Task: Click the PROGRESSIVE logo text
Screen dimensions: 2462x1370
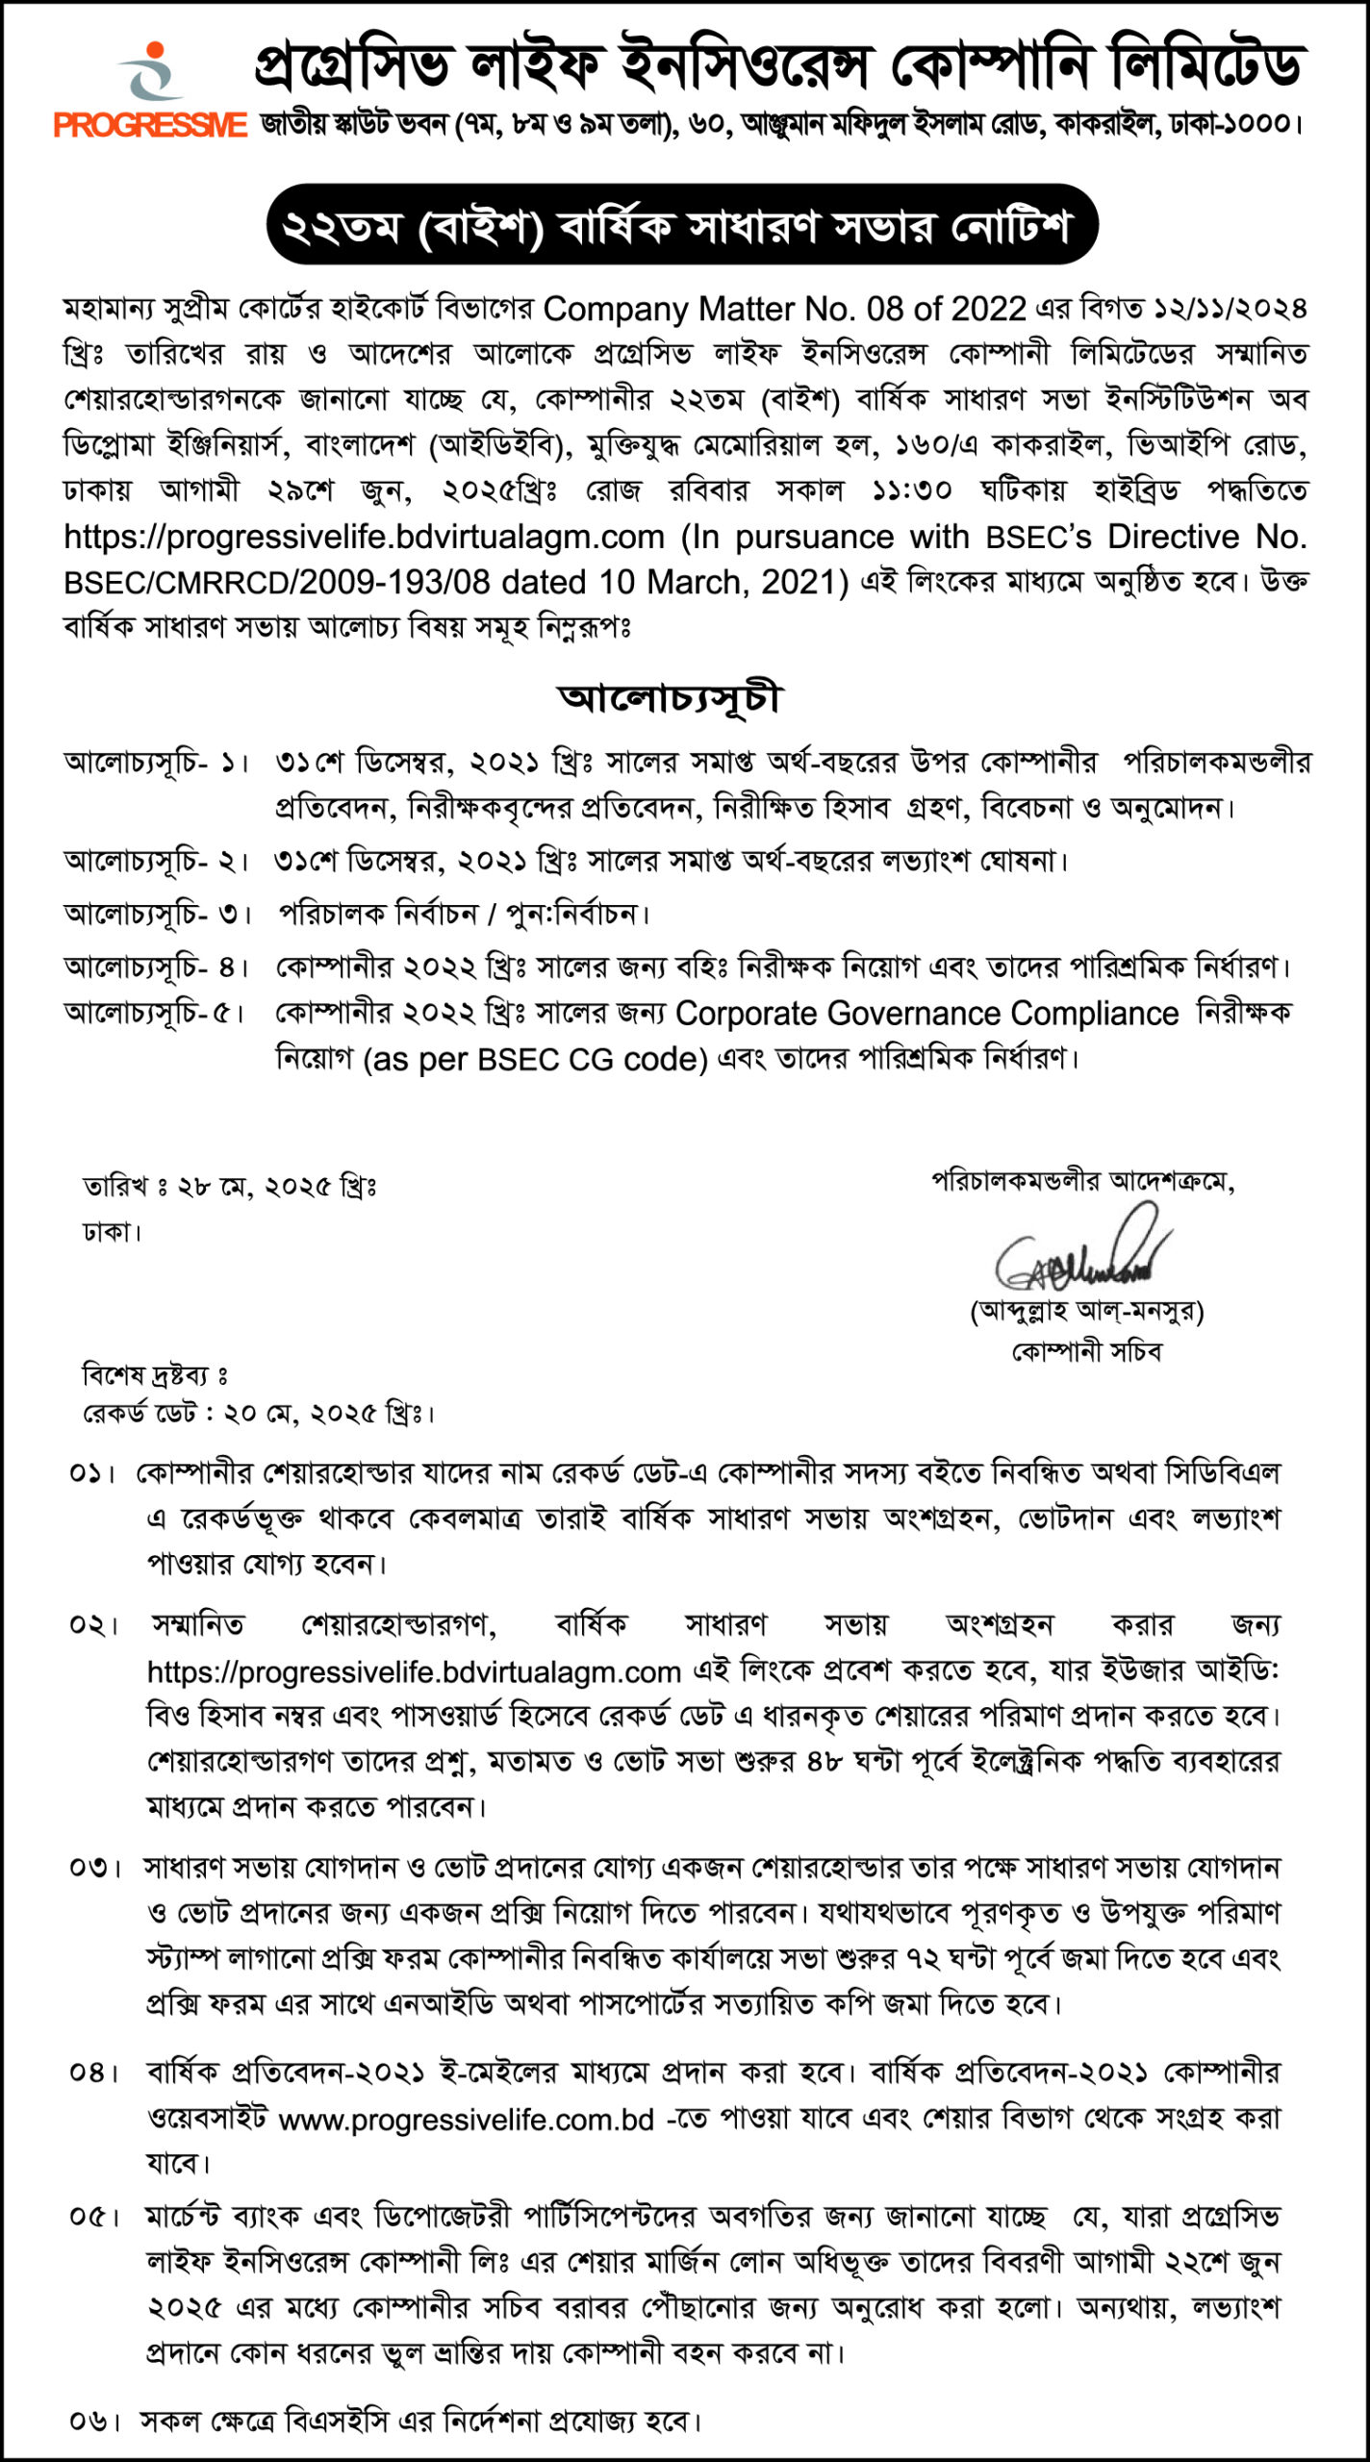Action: pyautogui.click(x=150, y=125)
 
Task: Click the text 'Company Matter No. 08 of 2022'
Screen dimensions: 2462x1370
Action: pyautogui.click(x=784, y=309)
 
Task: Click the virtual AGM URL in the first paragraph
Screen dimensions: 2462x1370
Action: pyautogui.click(x=365, y=537)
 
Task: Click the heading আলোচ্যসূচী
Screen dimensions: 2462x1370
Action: pyautogui.click(x=670, y=697)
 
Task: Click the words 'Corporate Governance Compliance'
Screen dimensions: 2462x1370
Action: pyautogui.click(x=926, y=1014)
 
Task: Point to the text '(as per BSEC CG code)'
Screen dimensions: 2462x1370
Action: pyautogui.click(x=535, y=1059)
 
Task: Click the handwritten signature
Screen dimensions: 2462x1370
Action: pyautogui.click(x=1082, y=1251)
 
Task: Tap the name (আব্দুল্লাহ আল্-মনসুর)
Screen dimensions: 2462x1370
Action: pyautogui.click(x=1086, y=1310)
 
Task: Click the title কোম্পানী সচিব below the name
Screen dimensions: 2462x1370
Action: pyautogui.click(x=1086, y=1351)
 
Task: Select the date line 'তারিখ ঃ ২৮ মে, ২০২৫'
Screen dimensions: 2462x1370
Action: pyautogui.click(x=229, y=1187)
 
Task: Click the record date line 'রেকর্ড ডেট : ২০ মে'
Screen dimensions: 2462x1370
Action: pyautogui.click(x=258, y=1414)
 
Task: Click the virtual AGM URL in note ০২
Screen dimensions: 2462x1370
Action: pyautogui.click(x=414, y=1672)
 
